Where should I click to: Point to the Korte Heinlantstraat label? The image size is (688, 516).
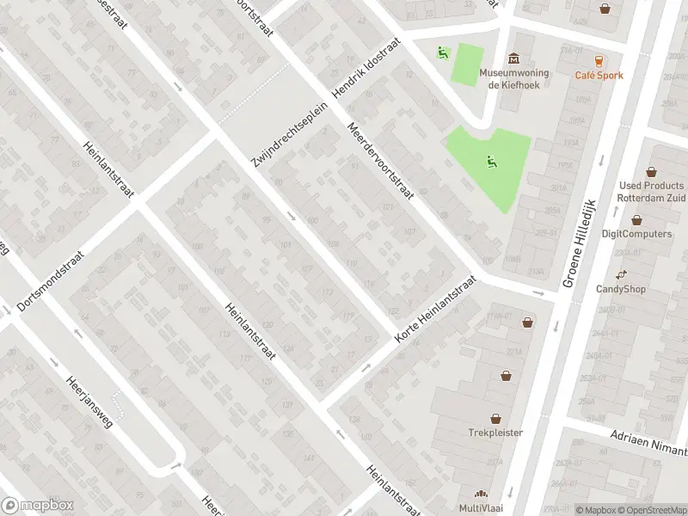[x=434, y=311]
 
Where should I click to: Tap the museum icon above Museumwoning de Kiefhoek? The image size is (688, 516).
[x=514, y=58]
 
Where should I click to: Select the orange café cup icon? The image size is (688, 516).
[x=599, y=60]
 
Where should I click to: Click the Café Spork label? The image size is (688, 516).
[x=599, y=76]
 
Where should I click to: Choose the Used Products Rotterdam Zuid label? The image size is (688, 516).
[x=652, y=191]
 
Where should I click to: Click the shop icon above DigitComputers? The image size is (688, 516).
[x=636, y=219]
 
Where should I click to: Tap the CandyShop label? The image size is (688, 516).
[x=621, y=289]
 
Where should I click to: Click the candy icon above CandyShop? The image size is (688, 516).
[x=621, y=273]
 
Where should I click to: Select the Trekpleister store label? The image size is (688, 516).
[x=496, y=432]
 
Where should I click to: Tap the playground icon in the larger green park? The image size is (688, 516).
[x=490, y=160]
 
